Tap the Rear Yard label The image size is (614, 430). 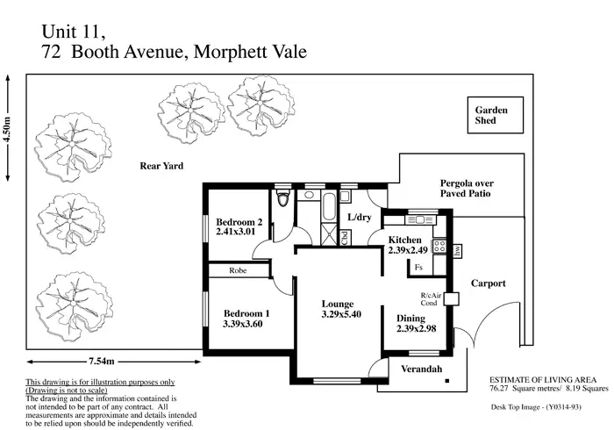point(161,165)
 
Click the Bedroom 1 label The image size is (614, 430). point(246,312)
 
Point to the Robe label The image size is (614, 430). point(238,272)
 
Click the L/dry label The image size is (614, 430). point(361,217)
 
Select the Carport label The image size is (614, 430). point(489,283)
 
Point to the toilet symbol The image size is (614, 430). point(282,199)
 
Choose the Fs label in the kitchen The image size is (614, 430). point(419,267)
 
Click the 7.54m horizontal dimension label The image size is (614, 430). point(104,361)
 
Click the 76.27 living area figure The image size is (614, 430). point(503,387)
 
